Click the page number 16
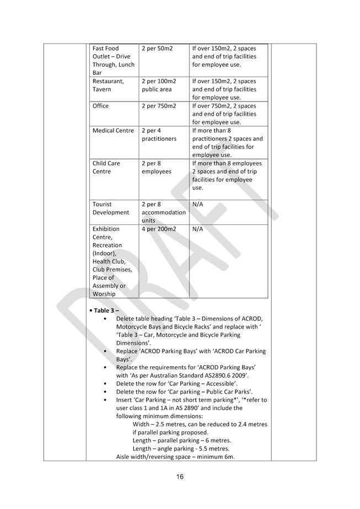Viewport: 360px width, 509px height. [180, 476]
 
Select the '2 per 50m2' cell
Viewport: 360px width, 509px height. [157, 49]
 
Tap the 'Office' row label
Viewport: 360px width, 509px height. [101, 106]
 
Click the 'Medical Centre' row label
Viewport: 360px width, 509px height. [113, 131]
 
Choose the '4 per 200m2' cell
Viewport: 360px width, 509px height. [159, 229]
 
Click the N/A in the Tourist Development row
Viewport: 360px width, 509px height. [198, 204]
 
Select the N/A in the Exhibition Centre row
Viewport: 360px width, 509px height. [198, 229]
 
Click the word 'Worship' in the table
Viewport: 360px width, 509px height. [104, 294]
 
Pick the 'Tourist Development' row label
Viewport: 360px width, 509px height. [110, 208]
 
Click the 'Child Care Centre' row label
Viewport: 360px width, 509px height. [106, 167]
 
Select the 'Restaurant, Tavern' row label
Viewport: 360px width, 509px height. [108, 85]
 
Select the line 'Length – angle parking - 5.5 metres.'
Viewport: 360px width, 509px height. [181, 449]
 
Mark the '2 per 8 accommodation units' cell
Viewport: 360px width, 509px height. [164, 212]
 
